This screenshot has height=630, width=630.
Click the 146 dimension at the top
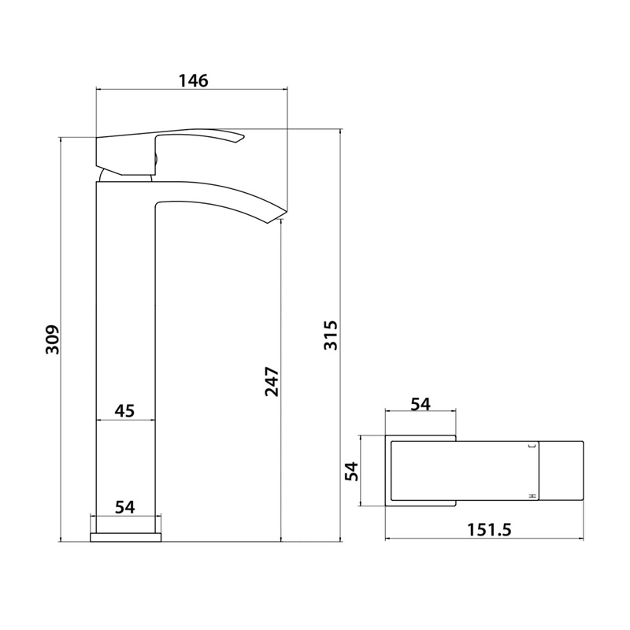point(191,80)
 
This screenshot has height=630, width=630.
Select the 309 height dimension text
point(52,339)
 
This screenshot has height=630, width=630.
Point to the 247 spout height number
point(272,382)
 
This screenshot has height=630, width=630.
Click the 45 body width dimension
point(124,410)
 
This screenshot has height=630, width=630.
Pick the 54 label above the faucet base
point(124,506)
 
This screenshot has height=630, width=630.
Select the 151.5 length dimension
point(484,530)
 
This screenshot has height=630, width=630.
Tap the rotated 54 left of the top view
point(352,472)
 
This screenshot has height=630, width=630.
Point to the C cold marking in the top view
point(532,447)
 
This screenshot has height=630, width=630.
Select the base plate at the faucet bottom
point(126,536)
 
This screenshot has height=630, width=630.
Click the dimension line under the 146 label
point(191,91)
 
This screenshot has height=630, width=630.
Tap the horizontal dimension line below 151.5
point(484,540)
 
